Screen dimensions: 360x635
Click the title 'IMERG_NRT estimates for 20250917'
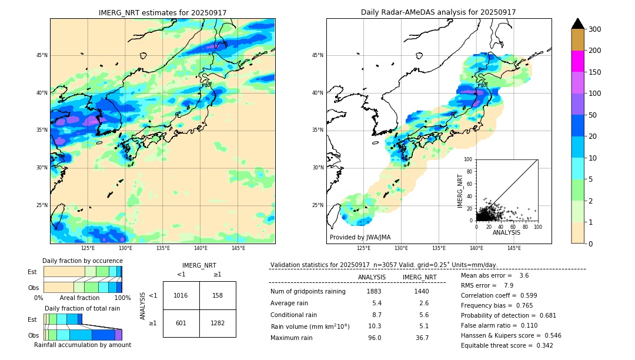(162, 12)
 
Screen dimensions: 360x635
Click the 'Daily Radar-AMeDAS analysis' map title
(438, 12)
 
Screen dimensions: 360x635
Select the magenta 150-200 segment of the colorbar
(577, 61)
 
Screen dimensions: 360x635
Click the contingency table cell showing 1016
(181, 295)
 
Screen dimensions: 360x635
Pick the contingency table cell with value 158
(218, 295)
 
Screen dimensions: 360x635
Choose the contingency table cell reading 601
(181, 323)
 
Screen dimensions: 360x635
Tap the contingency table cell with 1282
(218, 323)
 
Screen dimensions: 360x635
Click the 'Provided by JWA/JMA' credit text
(360, 238)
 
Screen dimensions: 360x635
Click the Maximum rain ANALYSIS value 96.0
(374, 338)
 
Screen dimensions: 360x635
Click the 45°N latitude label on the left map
(42, 55)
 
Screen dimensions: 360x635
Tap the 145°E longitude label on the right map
(514, 248)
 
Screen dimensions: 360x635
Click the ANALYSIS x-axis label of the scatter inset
(506, 232)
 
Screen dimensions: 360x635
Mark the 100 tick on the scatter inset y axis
(468, 159)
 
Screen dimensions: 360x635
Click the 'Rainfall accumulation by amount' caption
(82, 345)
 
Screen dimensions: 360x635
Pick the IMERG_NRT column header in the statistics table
(419, 277)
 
